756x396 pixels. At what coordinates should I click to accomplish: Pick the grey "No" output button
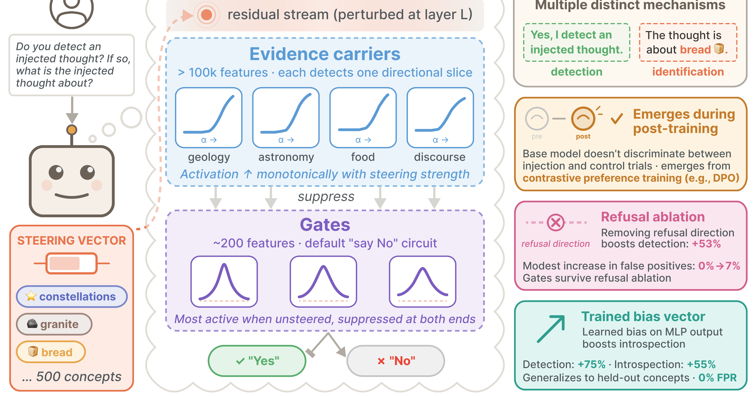(x=396, y=361)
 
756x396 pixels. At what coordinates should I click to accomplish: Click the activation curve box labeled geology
(x=209, y=118)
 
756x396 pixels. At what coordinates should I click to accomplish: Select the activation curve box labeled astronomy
(x=286, y=118)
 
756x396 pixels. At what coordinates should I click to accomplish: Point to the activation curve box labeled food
(x=363, y=118)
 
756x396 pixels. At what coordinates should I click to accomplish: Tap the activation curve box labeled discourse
(x=440, y=118)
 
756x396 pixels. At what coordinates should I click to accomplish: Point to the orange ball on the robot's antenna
(x=72, y=130)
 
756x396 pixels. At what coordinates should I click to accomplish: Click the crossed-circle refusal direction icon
(x=556, y=222)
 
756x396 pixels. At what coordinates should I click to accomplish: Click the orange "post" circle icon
(x=583, y=119)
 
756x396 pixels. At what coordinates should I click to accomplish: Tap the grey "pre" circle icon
(x=537, y=119)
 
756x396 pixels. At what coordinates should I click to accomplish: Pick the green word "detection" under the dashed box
(x=576, y=72)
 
